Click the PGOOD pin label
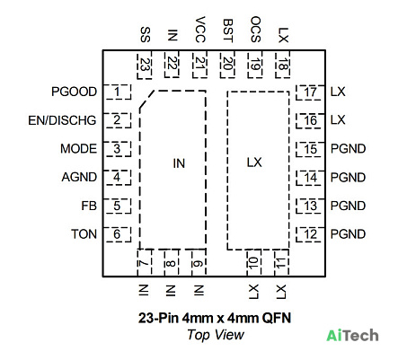click(x=74, y=92)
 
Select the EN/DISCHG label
click(x=62, y=120)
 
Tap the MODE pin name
click(x=78, y=149)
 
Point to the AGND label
click(x=79, y=177)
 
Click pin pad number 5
click(x=117, y=206)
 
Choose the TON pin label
click(x=84, y=234)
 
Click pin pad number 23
click(x=145, y=65)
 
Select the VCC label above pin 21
click(x=200, y=30)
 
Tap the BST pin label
click(x=228, y=31)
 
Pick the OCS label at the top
click(x=255, y=30)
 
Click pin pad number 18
click(x=282, y=64)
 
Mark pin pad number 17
click(x=310, y=92)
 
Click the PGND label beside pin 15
click(x=348, y=149)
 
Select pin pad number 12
click(x=310, y=234)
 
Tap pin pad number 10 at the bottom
click(x=254, y=263)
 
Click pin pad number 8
click(x=171, y=263)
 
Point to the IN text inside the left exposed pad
click(x=179, y=163)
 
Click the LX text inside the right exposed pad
click(x=254, y=162)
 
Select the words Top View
click(x=216, y=335)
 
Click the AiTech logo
click(x=352, y=336)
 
